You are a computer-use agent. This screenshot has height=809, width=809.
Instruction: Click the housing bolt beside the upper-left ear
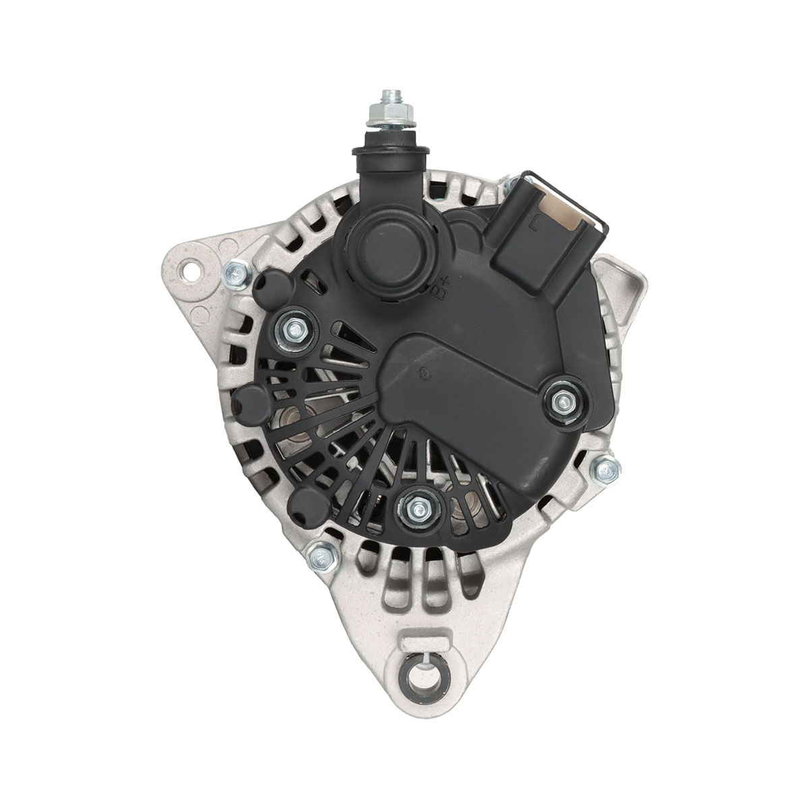(236, 274)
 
